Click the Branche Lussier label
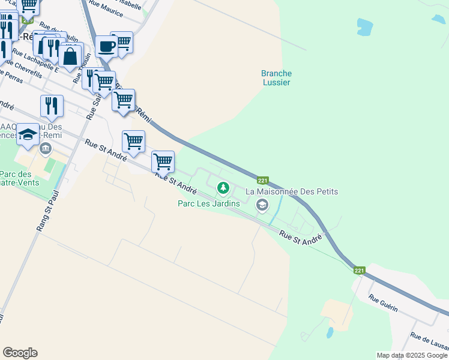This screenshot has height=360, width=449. [x=276, y=78]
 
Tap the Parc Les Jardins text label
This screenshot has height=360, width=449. [x=209, y=203]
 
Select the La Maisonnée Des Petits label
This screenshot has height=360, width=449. [x=293, y=191]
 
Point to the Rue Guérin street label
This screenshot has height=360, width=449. [x=383, y=302]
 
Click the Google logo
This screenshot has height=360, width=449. [x=20, y=353]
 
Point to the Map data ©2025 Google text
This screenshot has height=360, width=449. [x=412, y=355]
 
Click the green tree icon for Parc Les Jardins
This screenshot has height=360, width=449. [x=223, y=189]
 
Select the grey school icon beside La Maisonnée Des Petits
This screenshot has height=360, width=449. [x=262, y=205]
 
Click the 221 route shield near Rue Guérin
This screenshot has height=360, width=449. [x=359, y=271]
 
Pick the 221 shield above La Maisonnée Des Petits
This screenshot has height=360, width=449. [x=262, y=180]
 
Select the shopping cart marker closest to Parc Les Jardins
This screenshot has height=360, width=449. [x=163, y=161]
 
